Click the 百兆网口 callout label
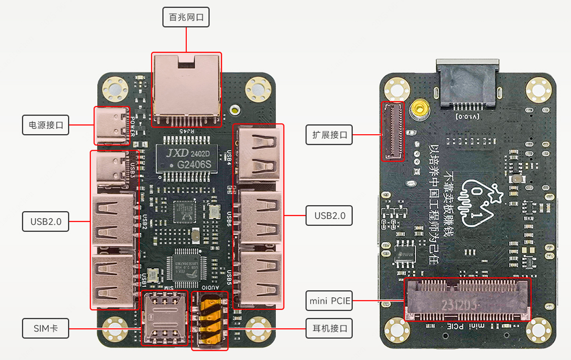pos(186,18)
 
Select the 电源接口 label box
pos(45,125)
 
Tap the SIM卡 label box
pos(45,329)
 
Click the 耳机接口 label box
pos(329,328)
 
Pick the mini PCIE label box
pos(329,301)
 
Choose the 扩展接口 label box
pos(329,135)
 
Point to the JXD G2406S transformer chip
pos(186,158)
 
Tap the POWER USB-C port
pos(112,125)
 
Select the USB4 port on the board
pos(259,155)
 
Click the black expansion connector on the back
pos(392,131)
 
